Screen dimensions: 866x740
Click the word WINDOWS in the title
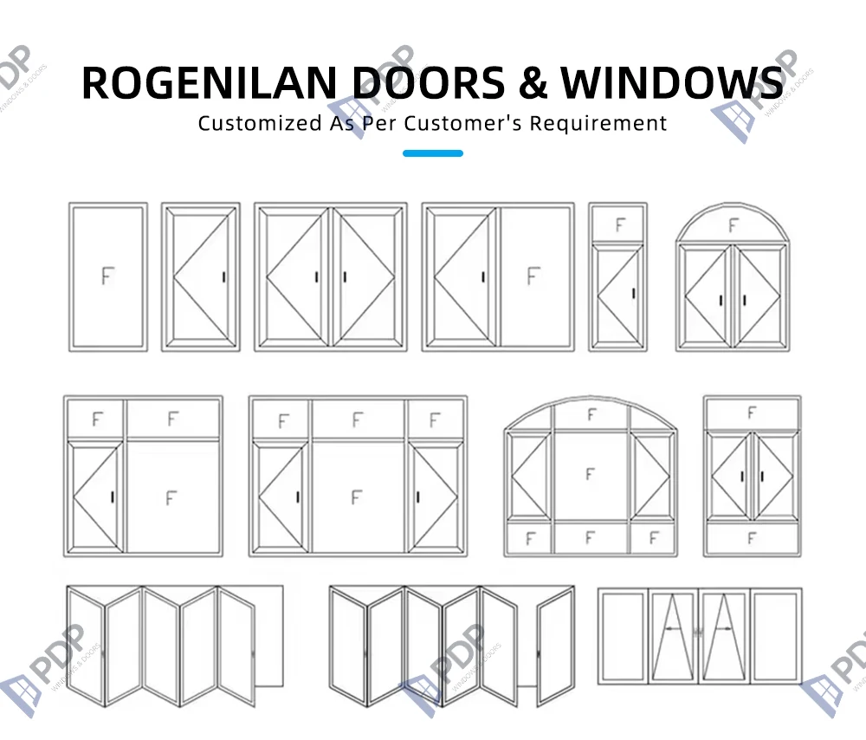pyautogui.click(x=671, y=82)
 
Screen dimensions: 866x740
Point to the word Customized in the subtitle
pyautogui.click(x=259, y=123)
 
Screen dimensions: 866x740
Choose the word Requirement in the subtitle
pyautogui.click(x=598, y=123)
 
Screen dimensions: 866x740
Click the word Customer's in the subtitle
pyautogui.click(x=472, y=123)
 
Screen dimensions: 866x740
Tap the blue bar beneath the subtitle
pyautogui.click(x=433, y=153)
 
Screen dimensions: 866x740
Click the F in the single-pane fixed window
pyautogui.click(x=107, y=276)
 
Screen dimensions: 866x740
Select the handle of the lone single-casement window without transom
pyautogui.click(x=224, y=277)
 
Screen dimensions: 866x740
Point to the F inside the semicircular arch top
pyautogui.click(x=734, y=226)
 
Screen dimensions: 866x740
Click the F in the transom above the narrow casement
pyautogui.click(x=619, y=224)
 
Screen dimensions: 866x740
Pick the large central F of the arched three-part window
pyautogui.click(x=591, y=474)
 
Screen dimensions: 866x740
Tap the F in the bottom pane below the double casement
pyautogui.click(x=752, y=537)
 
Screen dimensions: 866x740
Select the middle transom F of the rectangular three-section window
pyautogui.click(x=358, y=420)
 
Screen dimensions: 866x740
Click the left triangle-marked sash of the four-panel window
pyautogui.click(x=673, y=638)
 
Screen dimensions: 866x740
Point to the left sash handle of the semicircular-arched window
pyautogui.click(x=721, y=301)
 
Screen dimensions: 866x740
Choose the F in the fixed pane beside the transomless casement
pyautogui.click(x=533, y=276)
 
